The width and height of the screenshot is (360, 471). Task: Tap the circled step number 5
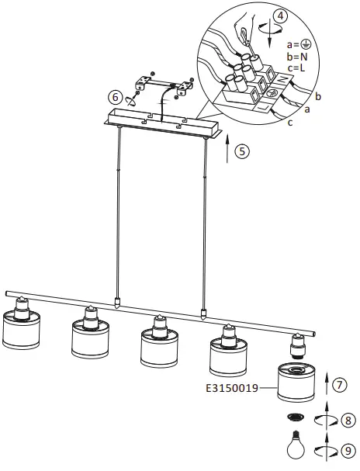point(243,151)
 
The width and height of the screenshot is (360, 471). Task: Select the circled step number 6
point(116,98)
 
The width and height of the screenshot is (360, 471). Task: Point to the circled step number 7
point(339,383)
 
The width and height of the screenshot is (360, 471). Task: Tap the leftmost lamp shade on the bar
point(22,329)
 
